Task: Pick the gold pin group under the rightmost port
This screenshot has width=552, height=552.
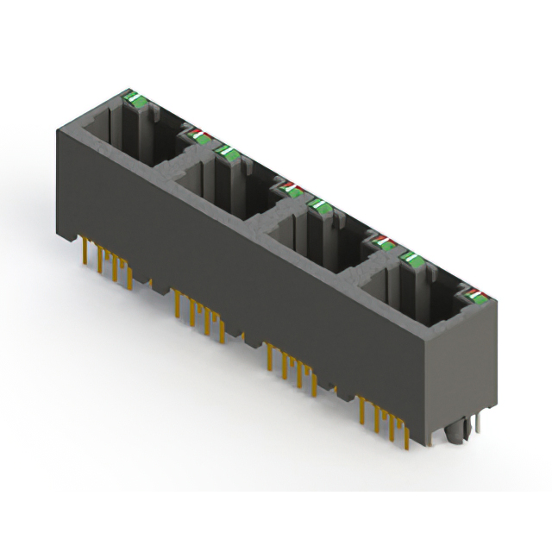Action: (385, 419)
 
